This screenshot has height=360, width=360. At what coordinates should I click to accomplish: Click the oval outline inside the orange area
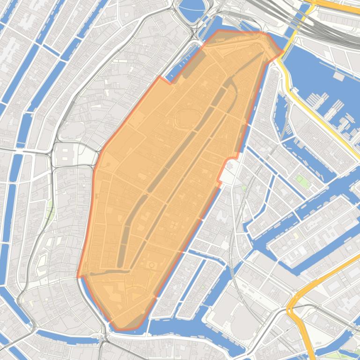[188, 117]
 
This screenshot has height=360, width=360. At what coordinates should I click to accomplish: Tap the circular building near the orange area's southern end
[152, 266]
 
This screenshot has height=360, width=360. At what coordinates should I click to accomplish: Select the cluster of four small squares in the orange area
[173, 226]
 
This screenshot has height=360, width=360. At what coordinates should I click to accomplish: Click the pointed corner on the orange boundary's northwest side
[161, 77]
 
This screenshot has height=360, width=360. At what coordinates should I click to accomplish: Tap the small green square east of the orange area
[300, 179]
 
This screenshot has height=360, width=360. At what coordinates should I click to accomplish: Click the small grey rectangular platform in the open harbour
[338, 74]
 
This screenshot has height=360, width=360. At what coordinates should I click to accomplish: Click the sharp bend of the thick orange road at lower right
[290, 309]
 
